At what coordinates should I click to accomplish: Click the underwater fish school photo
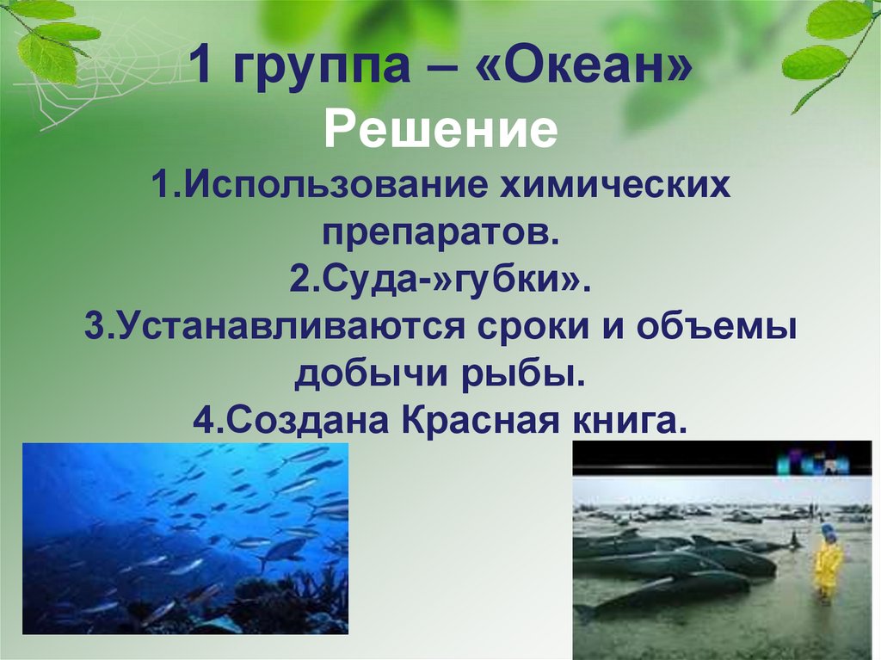pos(185,538)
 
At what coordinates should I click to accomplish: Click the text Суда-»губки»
pos(440,281)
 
